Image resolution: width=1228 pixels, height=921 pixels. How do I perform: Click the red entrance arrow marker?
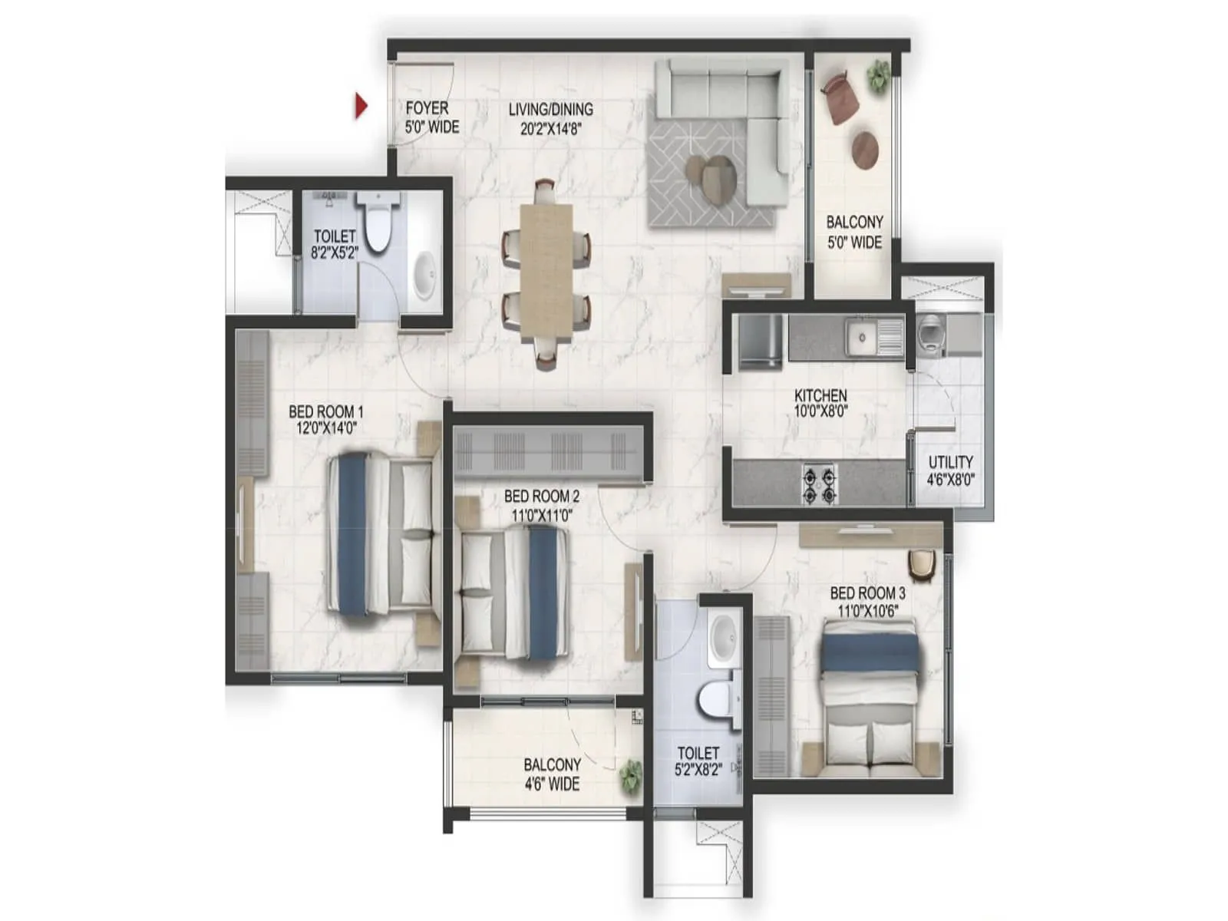(x=361, y=106)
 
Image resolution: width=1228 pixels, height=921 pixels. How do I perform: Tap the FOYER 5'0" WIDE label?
(x=432, y=117)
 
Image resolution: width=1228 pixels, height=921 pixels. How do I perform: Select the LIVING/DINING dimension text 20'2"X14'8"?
(x=551, y=129)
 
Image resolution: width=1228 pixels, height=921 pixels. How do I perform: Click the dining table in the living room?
(x=546, y=273)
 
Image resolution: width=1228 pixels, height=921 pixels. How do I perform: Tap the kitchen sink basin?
(x=863, y=338)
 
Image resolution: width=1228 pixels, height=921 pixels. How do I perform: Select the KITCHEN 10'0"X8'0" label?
(x=820, y=404)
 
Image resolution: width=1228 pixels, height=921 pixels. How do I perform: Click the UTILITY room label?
(x=950, y=463)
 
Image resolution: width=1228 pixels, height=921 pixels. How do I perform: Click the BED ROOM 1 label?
(x=325, y=412)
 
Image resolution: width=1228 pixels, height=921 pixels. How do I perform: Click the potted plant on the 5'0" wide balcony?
(x=878, y=76)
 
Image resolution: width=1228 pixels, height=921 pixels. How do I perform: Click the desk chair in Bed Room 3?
(x=921, y=566)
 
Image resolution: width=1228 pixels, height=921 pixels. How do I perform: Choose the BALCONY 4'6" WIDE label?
(x=552, y=774)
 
